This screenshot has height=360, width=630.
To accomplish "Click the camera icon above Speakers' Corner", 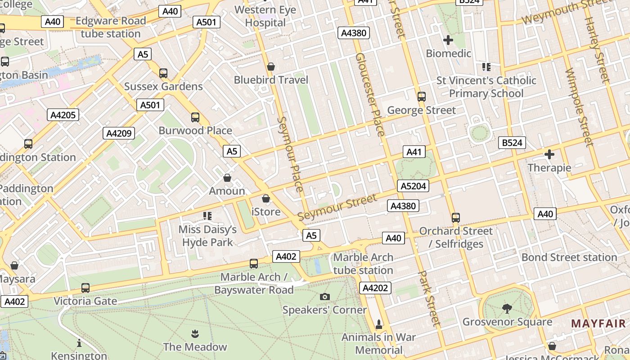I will tap(324, 297).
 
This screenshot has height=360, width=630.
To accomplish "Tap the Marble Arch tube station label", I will tap(363, 264).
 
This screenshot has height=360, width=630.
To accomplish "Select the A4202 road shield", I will tap(375, 288).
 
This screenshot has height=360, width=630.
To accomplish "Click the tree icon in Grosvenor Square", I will tap(507, 308).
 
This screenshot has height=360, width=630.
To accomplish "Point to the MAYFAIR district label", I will tap(598, 323).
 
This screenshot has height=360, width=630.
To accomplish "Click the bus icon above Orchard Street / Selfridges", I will tap(455, 218).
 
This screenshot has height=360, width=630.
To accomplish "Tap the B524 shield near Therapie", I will tap(512, 143).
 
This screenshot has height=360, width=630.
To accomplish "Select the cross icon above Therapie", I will tap(549, 154).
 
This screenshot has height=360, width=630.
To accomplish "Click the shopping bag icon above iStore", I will tap(266, 198).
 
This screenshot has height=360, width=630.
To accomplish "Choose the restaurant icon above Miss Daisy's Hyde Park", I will tap(207, 216).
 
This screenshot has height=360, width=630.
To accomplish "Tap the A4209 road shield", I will tap(119, 133).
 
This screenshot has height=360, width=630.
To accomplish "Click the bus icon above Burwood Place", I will tap(195, 117).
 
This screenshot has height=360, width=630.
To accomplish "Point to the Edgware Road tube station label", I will tap(111, 27).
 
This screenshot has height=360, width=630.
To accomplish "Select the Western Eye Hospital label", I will tap(265, 16).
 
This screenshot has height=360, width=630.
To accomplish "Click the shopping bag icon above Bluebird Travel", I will tap(271, 67).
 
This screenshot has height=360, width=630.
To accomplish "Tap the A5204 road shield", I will tap(413, 186).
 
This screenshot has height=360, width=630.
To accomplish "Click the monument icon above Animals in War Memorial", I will tap(378, 324).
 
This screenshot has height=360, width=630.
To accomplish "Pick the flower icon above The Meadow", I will tap(195, 333).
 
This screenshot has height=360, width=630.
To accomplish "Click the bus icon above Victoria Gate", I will tap(85, 288).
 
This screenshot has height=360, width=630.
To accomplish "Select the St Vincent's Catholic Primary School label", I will tap(486, 87).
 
